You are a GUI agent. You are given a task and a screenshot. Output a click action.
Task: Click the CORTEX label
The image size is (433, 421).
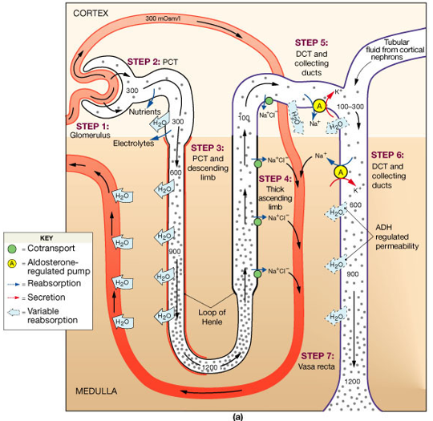click(90, 14)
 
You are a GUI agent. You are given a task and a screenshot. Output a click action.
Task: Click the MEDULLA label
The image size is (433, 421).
click(93, 392)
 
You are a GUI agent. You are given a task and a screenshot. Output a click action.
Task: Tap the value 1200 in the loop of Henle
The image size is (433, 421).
click(209, 368)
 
